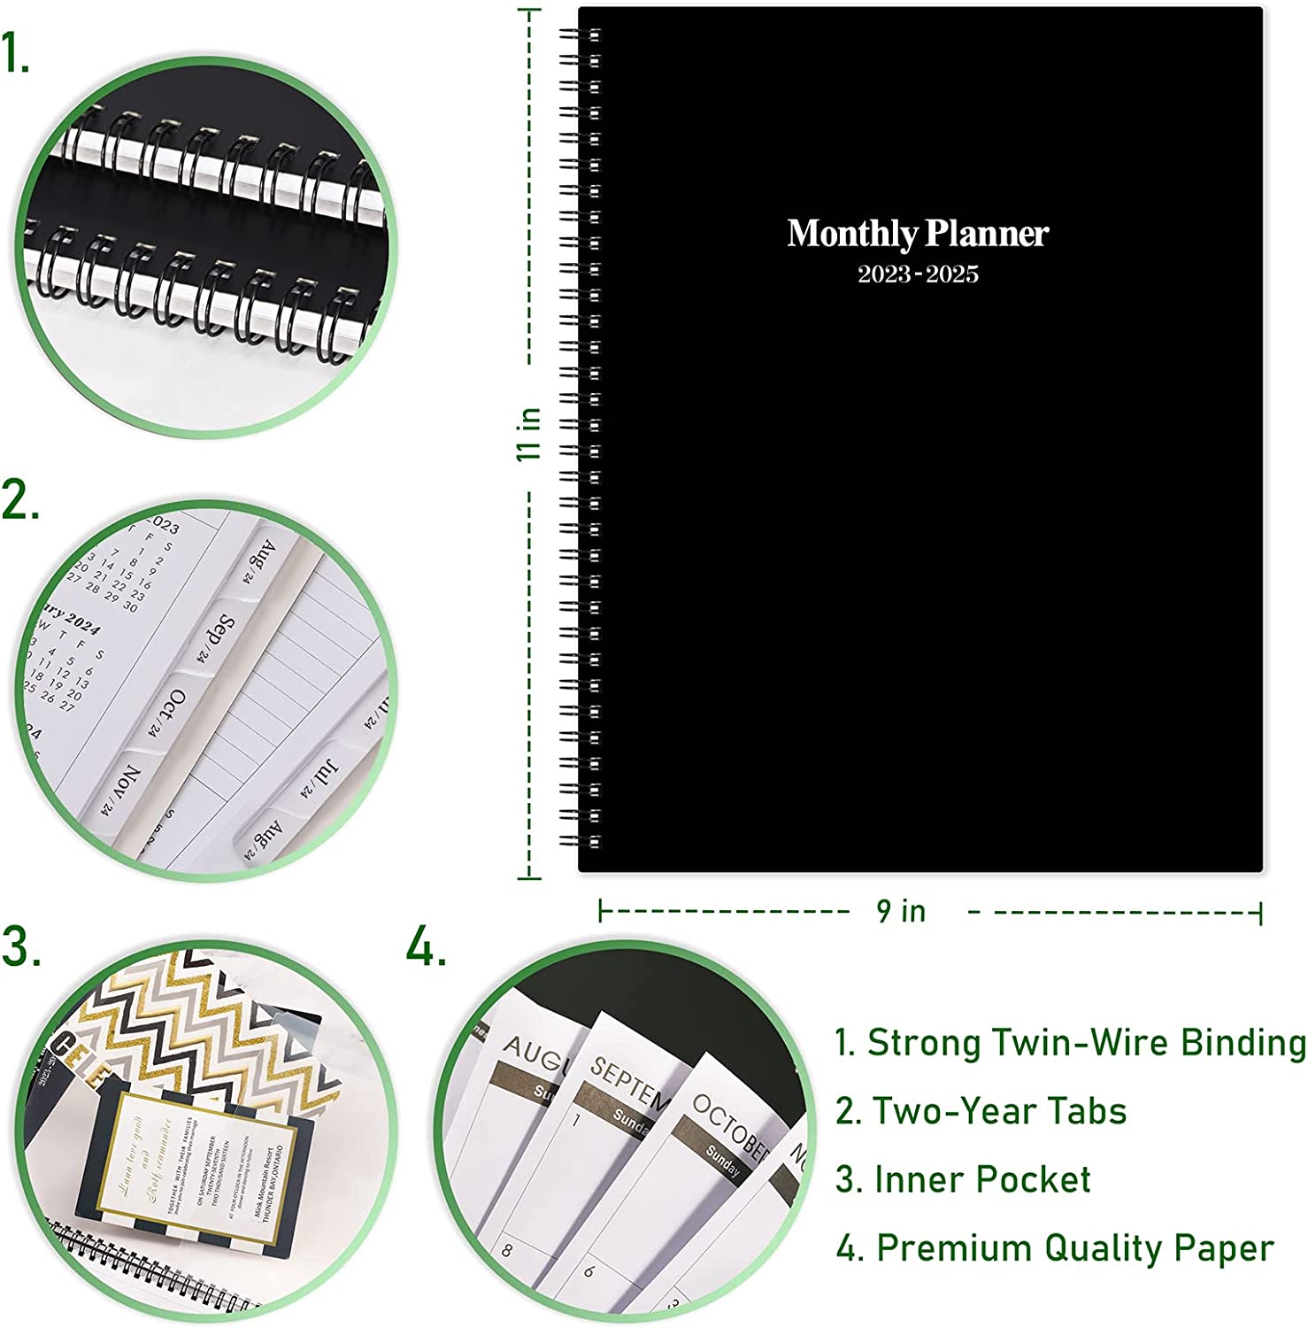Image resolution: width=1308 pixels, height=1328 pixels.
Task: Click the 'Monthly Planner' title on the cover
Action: [918, 234]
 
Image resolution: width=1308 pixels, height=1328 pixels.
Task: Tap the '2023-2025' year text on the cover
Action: [918, 274]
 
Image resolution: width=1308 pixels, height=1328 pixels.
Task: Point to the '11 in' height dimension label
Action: [529, 433]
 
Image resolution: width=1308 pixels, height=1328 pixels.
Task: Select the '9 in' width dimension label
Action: [901, 911]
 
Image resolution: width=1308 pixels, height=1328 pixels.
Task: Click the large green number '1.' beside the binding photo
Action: [16, 55]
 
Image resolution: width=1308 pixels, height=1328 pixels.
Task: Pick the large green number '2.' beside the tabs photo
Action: [19, 500]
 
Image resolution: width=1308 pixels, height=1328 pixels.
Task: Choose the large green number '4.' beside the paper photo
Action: [426, 947]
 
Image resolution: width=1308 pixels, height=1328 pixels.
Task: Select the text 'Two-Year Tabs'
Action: [999, 1111]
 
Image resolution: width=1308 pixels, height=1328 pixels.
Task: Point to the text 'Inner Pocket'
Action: [981, 1179]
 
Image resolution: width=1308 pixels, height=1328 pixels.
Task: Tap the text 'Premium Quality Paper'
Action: [1074, 1248]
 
